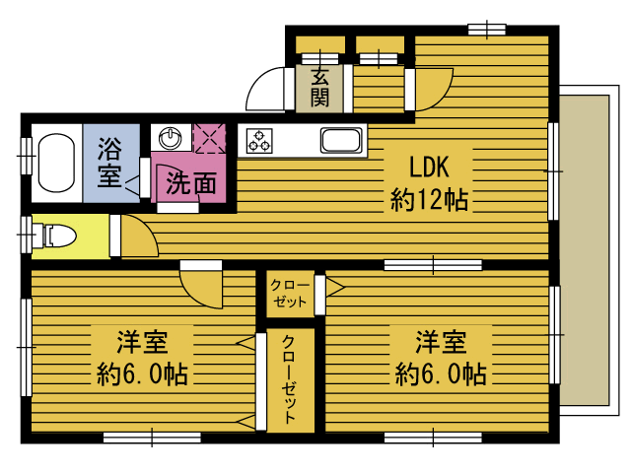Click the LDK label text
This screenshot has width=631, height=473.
tap(429, 167)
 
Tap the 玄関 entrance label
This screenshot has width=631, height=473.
tap(319, 88)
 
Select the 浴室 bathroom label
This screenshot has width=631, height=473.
tap(109, 163)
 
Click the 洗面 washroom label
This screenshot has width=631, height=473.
tap(191, 183)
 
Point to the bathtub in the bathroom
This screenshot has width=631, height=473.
tap(57, 163)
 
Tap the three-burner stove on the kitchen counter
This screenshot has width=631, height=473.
tap(259, 141)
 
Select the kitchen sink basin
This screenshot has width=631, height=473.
tap(341, 140)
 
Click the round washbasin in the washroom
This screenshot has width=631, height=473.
tap(171, 138)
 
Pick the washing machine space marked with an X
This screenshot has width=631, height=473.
tap(209, 139)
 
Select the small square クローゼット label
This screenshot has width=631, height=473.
tap(290, 294)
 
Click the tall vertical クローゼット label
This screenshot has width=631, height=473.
tap(289, 379)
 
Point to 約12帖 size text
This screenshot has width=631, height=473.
tap(429, 200)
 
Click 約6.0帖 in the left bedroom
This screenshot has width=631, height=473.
tap(142, 374)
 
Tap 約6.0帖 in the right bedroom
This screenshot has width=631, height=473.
tap(441, 374)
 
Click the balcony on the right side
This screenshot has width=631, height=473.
tap(585, 250)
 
